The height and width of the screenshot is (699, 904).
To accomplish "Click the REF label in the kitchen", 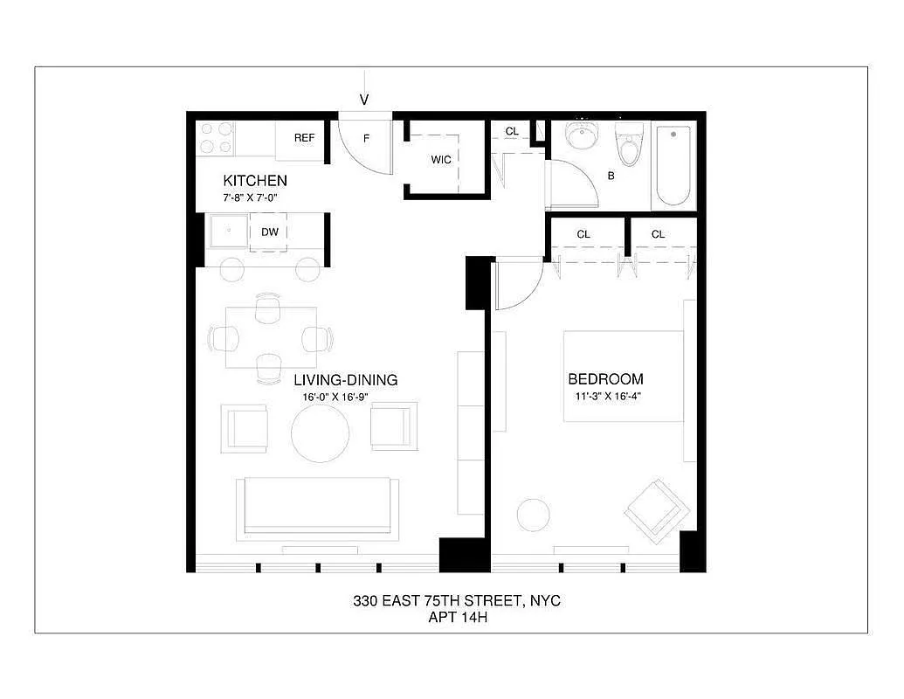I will [x=304, y=138].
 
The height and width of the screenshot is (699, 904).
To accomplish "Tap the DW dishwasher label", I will [x=270, y=232].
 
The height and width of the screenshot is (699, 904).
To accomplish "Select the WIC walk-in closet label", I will [x=441, y=160].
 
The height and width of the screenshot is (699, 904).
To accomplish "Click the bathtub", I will [x=673, y=166].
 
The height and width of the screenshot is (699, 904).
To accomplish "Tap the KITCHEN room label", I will [x=255, y=181].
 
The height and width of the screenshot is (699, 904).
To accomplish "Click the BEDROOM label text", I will [x=605, y=379].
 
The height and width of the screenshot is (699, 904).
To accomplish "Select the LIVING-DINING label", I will [x=345, y=380].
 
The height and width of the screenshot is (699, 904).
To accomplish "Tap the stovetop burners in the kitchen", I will [x=216, y=138].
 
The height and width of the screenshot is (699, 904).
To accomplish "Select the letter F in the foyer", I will [x=366, y=139].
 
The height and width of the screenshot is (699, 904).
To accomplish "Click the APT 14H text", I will [x=457, y=617].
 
